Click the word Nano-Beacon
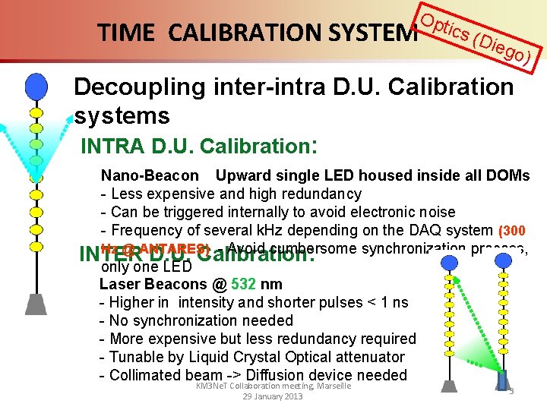(150, 175)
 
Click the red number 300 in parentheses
(513, 231)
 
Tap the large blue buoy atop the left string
(36, 86)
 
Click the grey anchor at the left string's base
(36, 303)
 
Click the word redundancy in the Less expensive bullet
(320, 194)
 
